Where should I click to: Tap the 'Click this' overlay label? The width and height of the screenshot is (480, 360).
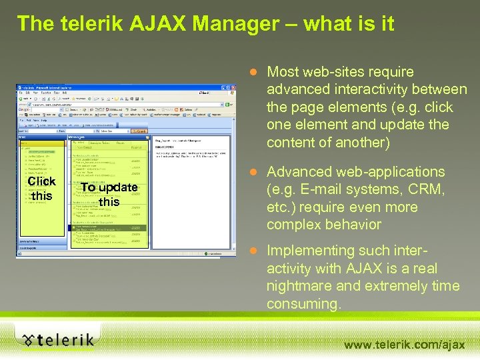point(41,189)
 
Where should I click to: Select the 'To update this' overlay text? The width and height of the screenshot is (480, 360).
point(109,194)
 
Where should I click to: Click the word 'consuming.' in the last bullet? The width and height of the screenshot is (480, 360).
point(304,304)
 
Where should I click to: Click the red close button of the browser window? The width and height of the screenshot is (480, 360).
point(231,87)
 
